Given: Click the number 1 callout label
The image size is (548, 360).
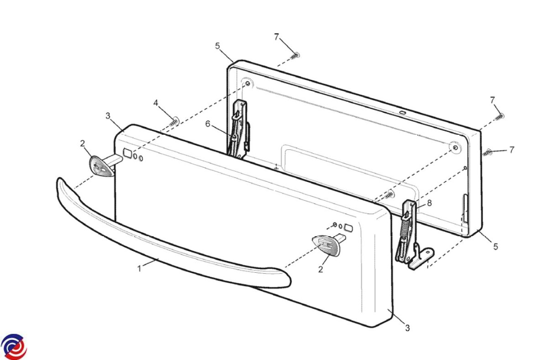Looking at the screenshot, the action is pyautogui.click(x=139, y=269).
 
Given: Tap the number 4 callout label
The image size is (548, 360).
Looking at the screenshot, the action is pyautogui.click(x=156, y=103).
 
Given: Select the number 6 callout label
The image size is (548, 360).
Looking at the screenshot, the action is pyautogui.click(x=208, y=124).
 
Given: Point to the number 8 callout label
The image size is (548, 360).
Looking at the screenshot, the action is pyautogui.click(x=429, y=203).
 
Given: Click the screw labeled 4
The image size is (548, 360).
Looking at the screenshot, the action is pyautogui.click(x=174, y=122).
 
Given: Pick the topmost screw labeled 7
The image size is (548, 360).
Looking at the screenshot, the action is pyautogui.click(x=295, y=56).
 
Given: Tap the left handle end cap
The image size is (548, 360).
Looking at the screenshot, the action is pyautogui.click(x=101, y=166).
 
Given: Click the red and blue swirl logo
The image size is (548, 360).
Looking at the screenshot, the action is pyautogui.click(x=14, y=347).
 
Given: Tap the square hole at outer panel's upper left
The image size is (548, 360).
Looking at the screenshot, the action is pyautogui.click(x=127, y=153).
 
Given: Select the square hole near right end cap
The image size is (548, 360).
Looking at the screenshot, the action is pyautogui.click(x=348, y=228).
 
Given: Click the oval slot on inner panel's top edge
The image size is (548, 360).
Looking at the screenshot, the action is pyautogui.click(x=402, y=112).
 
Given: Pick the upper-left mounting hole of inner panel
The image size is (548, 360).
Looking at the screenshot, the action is pyautogui.click(x=248, y=84).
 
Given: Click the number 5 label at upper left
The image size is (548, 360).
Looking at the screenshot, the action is pyautogui.click(x=217, y=46).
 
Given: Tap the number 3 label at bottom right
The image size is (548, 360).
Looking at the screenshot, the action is pyautogui.click(x=407, y=328).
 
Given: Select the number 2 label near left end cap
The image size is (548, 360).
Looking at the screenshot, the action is pyautogui.click(x=83, y=143).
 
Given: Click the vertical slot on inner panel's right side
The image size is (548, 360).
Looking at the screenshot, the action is pyautogui.click(x=465, y=208).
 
